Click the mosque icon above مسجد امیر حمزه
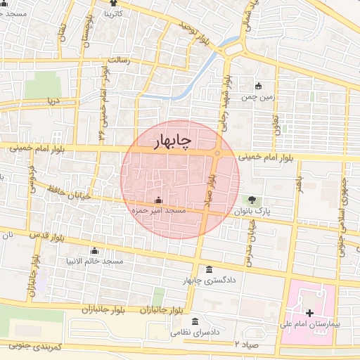pos(157,200)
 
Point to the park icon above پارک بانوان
pos(252,200)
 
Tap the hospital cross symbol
pos(310,312)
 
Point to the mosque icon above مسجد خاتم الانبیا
pos(94,251)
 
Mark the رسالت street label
pos(117,60)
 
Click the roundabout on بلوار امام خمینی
pos(218,153)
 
